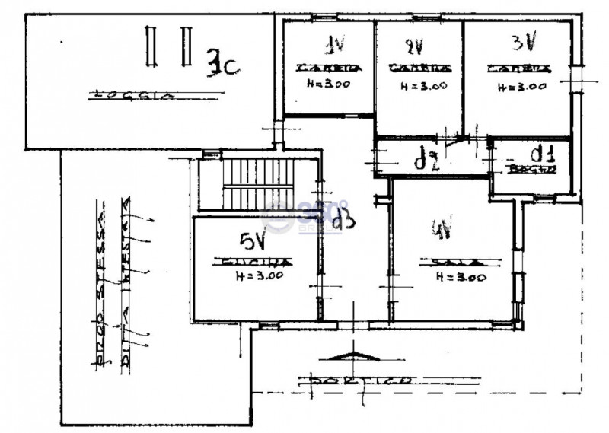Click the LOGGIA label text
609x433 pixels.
(x=132, y=96)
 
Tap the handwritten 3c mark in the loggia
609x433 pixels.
(x=223, y=65)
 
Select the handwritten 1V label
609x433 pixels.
(x=329, y=43)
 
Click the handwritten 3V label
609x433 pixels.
(x=524, y=42)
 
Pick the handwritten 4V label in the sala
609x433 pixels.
(x=441, y=228)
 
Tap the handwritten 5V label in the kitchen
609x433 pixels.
(x=252, y=241)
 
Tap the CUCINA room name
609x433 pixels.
(x=252, y=263)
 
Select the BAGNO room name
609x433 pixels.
(x=529, y=168)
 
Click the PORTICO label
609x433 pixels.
(x=357, y=379)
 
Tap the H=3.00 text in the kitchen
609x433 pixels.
(x=259, y=276)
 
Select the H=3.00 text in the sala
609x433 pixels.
(x=461, y=278)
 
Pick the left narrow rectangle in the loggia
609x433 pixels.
(x=152, y=46)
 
